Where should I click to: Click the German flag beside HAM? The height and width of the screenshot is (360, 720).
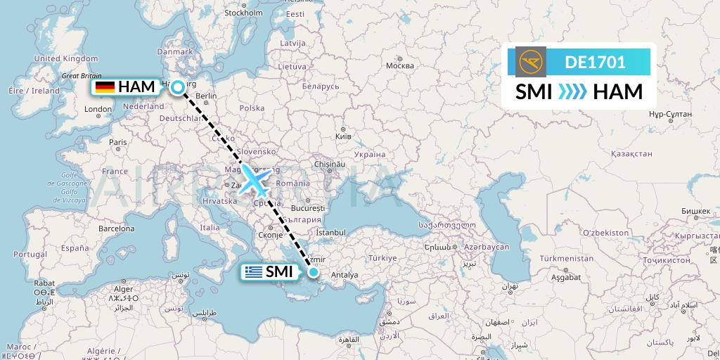(105, 87)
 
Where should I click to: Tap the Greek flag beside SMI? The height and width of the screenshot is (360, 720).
(253, 272)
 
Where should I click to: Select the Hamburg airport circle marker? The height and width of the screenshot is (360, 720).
(179, 87)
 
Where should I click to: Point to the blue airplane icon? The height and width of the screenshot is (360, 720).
(255, 181)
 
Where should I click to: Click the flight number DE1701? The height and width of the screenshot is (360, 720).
(595, 62)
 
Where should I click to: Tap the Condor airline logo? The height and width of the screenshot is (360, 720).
(530, 62)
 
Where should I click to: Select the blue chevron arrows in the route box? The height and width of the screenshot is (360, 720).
(572, 91)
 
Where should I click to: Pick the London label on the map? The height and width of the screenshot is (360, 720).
(98, 110)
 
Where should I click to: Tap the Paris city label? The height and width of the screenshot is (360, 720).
(117, 142)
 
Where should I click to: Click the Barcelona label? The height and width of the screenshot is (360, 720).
(116, 229)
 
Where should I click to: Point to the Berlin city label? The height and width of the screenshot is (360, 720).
(206, 96)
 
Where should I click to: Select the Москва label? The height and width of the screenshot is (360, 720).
(399, 66)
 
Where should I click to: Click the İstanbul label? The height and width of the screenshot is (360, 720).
(330, 232)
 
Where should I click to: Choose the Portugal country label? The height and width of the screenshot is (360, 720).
(30, 254)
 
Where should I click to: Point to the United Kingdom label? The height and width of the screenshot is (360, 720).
(66, 58)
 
